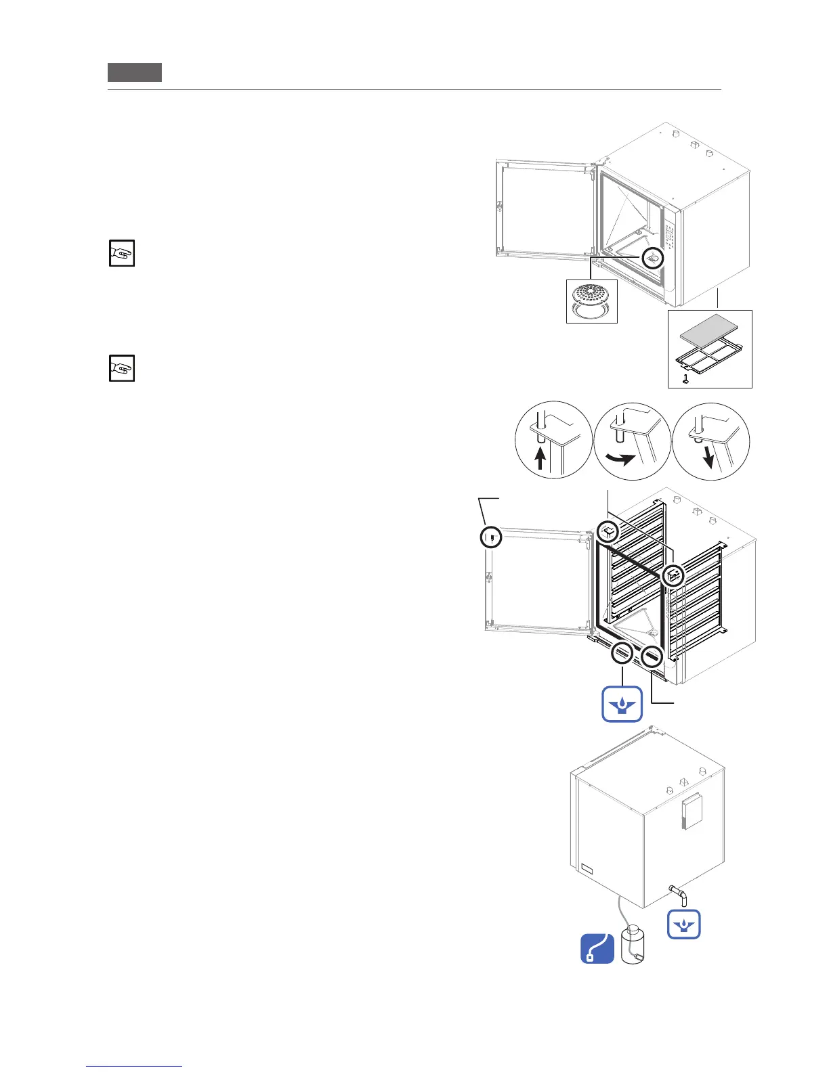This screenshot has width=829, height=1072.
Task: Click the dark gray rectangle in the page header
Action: pos(135,72)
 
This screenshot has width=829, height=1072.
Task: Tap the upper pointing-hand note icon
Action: pos(122,253)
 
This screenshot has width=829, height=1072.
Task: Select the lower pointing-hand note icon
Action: pos(122,368)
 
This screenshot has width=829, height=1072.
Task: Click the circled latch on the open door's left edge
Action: pos(491,537)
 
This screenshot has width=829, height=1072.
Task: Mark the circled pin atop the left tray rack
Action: pos(608,532)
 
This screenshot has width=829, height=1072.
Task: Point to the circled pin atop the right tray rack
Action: pos(673,576)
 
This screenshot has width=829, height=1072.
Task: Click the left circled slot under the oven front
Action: pos(622,654)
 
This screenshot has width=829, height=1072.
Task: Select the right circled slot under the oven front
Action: pos(652,655)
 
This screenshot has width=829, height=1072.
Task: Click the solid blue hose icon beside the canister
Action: pos(597,948)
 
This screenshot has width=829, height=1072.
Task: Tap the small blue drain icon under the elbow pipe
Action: pos(683,924)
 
